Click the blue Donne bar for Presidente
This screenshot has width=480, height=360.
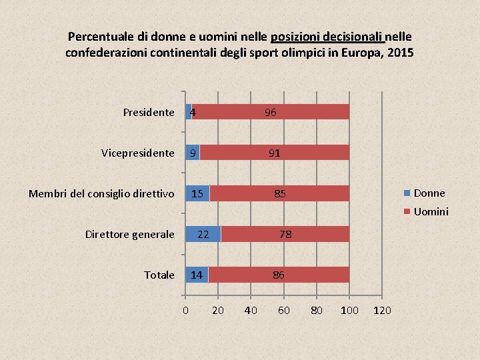[x=188, y=112]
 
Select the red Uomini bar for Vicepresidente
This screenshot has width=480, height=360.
[x=273, y=153]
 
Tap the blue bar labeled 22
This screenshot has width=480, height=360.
[x=203, y=234]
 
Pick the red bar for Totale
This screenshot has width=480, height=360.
[x=279, y=275]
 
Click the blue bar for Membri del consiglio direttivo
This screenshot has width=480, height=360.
[x=197, y=193]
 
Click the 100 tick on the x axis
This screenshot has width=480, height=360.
[x=349, y=310]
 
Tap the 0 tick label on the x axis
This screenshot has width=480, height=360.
[x=185, y=310]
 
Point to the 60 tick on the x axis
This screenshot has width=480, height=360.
[x=283, y=310]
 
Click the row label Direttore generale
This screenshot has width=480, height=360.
[x=130, y=234]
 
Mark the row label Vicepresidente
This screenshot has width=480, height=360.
[x=138, y=153]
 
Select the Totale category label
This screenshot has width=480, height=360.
[x=159, y=275]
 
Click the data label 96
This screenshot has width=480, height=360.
[x=270, y=113]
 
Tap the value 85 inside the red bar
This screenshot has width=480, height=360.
[x=280, y=194]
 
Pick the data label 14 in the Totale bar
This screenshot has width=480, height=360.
[x=196, y=275]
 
